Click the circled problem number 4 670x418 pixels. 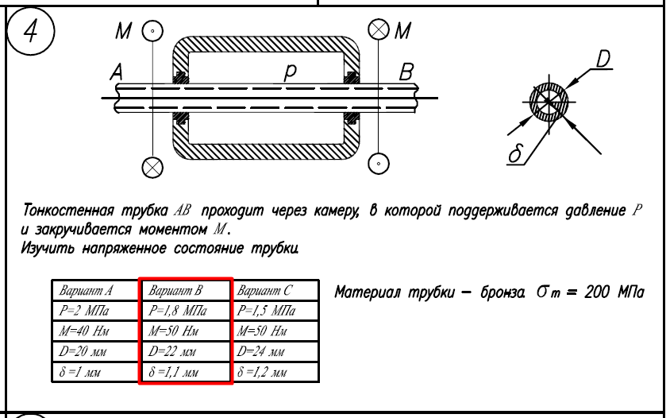click(x=31, y=32)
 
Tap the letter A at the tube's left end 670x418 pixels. click(x=116, y=72)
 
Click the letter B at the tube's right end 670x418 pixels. click(x=406, y=72)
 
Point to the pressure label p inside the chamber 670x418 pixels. click(x=290, y=73)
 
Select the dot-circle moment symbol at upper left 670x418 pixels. click(x=152, y=31)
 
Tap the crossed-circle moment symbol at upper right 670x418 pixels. click(x=379, y=29)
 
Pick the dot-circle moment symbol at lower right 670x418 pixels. click(x=379, y=164)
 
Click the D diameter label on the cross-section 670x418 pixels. click(x=603, y=59)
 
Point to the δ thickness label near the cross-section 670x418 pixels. click(x=515, y=153)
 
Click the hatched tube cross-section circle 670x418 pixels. click(x=549, y=102)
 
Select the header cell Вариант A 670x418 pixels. click(x=86, y=291)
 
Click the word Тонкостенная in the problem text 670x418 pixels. click(x=68, y=211)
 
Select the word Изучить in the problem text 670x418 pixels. click(x=47, y=248)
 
